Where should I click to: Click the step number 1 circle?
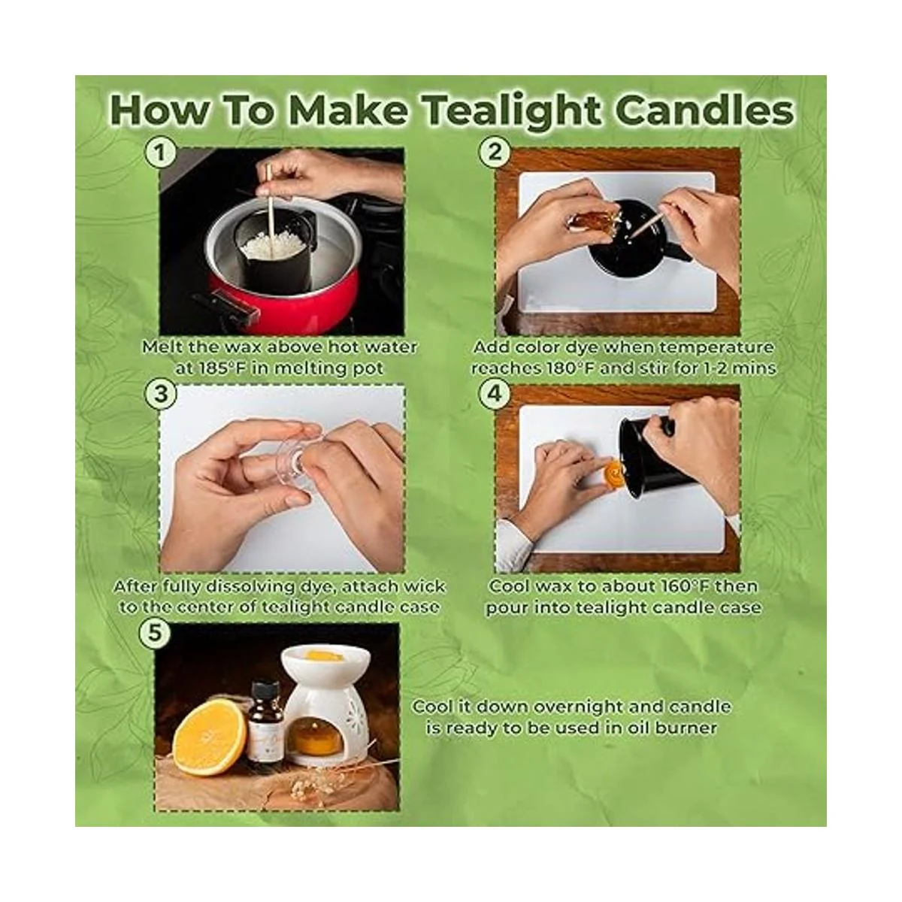pos(160,153)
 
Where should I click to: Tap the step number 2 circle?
pos(495,153)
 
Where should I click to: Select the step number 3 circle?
pos(161,394)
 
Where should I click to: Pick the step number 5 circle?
pos(155,633)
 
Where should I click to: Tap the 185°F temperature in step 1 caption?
pos(218,368)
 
